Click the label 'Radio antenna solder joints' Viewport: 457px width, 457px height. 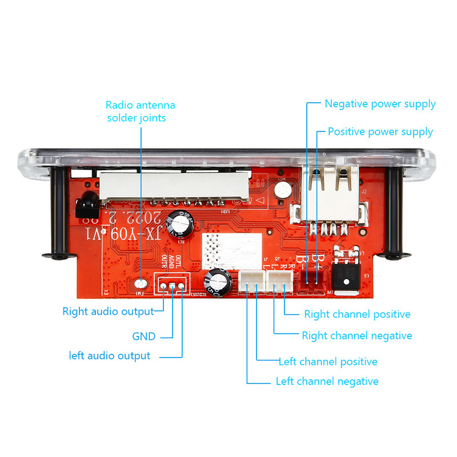[141, 111]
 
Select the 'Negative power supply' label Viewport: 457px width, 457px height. [380, 104]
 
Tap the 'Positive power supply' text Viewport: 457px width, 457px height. [380, 132]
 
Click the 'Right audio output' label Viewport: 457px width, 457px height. [108, 311]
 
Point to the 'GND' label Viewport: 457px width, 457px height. [144, 336]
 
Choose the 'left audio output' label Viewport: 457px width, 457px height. [110, 356]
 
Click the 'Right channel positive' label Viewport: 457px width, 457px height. [357, 314]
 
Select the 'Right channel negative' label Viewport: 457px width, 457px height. [356, 336]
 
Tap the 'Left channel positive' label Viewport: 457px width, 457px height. [328, 362]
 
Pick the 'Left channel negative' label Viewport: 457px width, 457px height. [327, 381]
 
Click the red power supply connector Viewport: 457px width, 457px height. [311, 282]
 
